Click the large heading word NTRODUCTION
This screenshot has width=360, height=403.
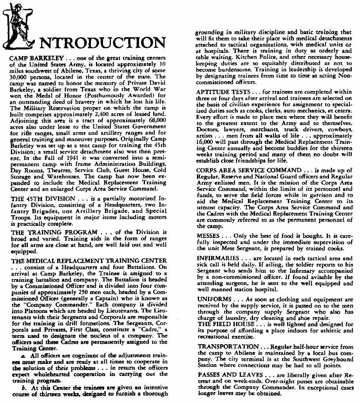coord(102,44)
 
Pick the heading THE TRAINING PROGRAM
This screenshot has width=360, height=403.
coord(47,232)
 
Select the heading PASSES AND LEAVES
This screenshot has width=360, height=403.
coord(231,374)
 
